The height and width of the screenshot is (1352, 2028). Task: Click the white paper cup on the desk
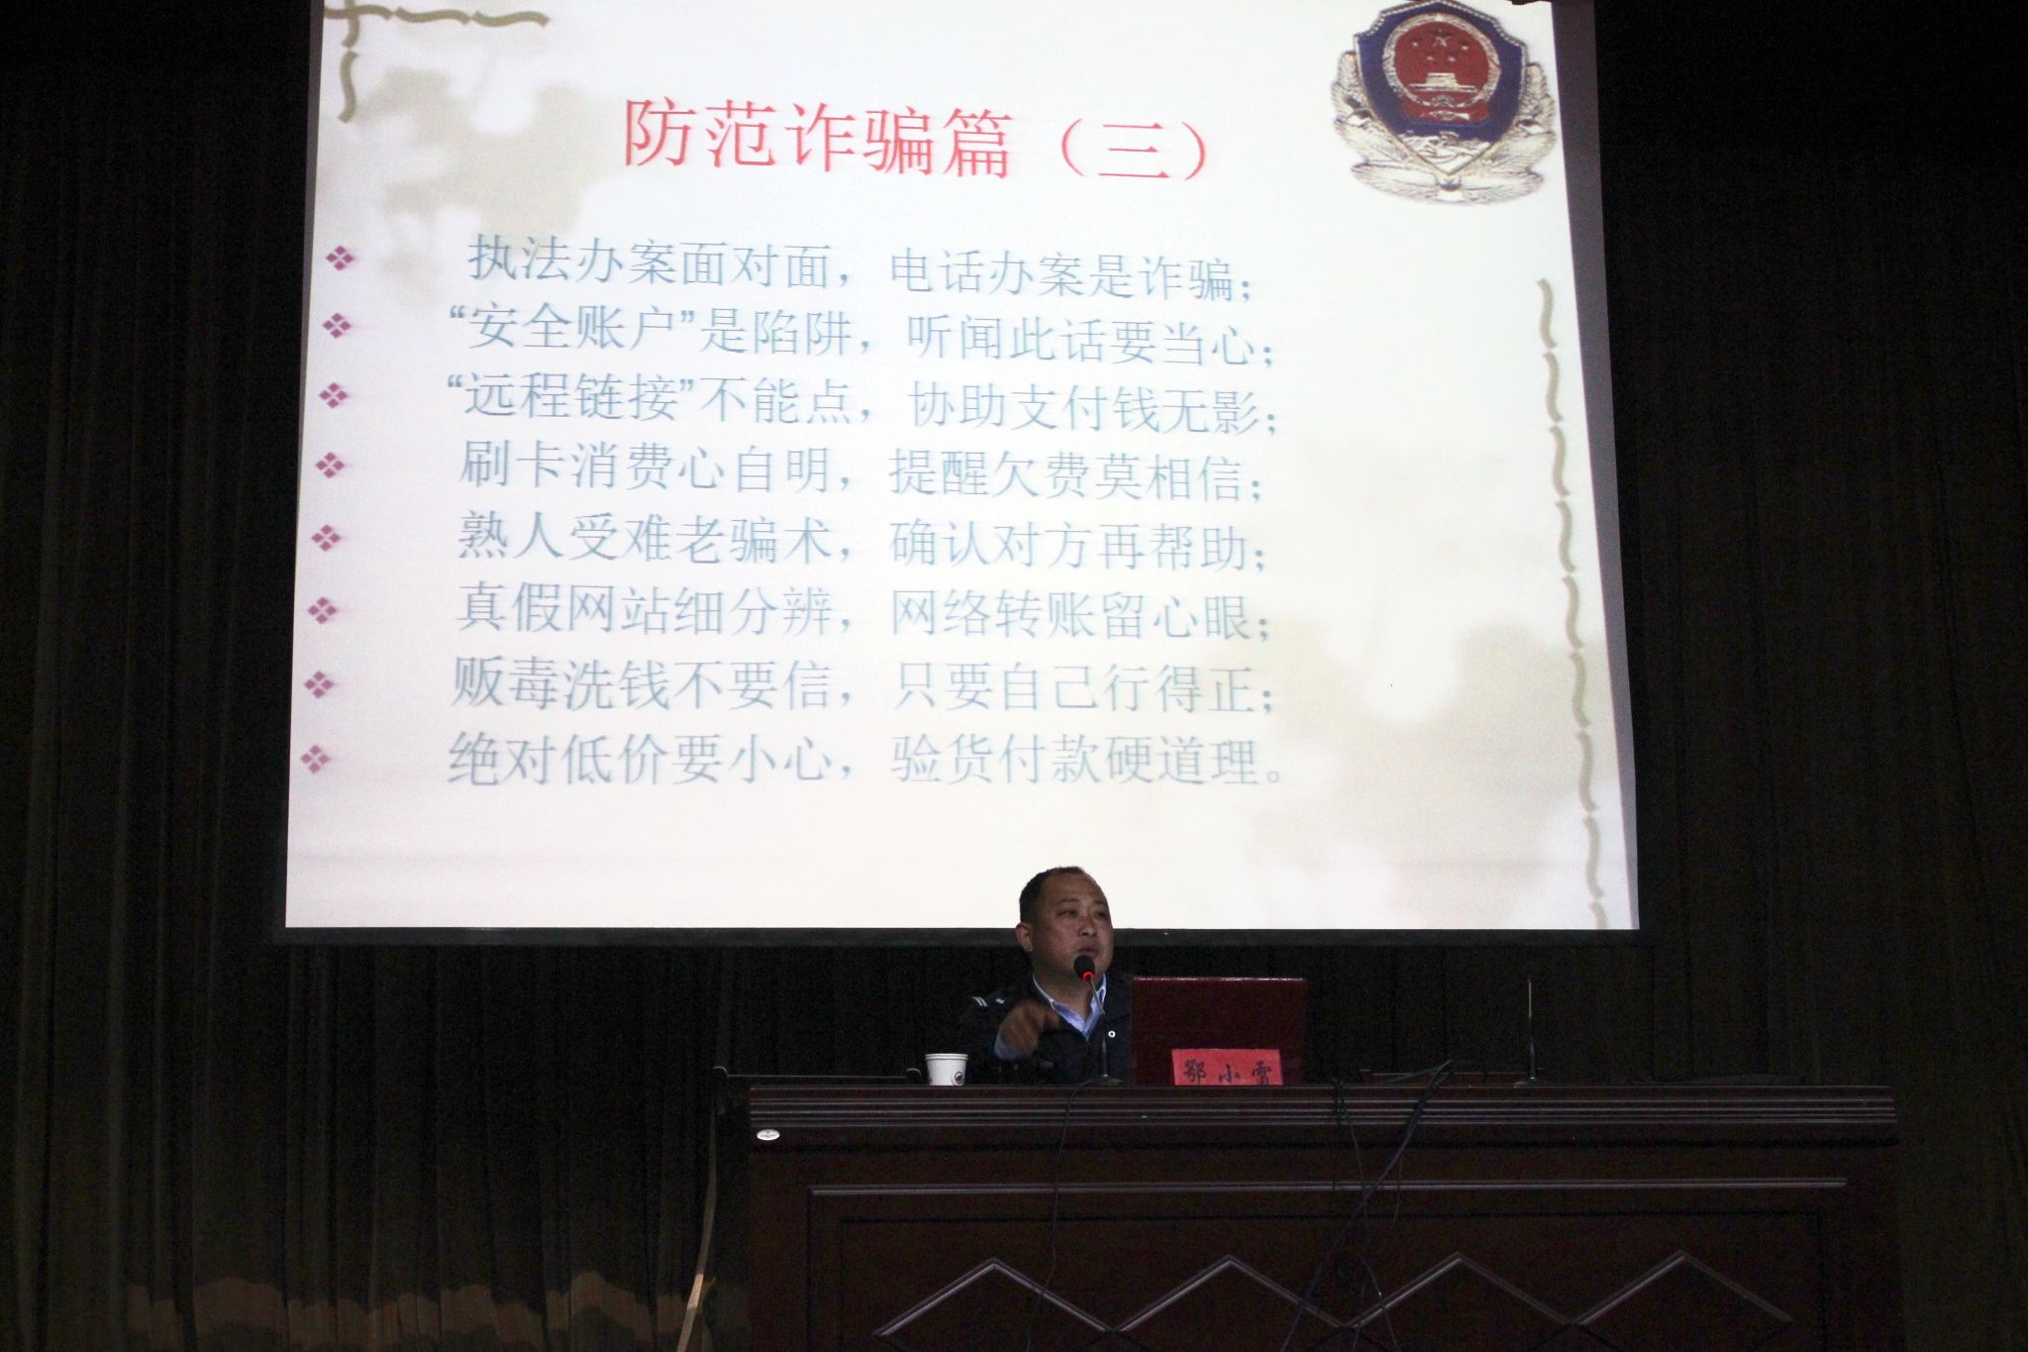tap(945, 1067)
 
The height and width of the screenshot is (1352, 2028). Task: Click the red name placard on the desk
tap(1226, 1067)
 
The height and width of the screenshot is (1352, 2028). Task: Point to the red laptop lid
tap(1218, 1021)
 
